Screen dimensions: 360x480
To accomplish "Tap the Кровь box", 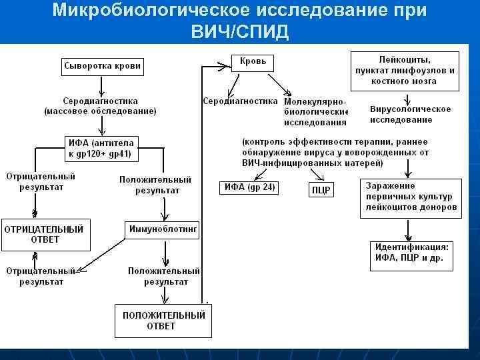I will (253, 62).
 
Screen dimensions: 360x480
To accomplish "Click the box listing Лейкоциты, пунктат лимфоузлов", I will (405, 70).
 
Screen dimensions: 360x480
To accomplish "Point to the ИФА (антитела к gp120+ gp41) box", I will (100, 147).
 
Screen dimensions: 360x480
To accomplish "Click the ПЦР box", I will (321, 190).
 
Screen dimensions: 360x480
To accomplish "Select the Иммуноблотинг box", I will (163, 229).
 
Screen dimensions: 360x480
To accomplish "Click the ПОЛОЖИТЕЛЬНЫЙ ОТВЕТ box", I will (163, 321).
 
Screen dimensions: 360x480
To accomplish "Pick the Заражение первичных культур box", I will (411, 197).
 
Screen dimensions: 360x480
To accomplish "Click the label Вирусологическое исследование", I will (410, 114).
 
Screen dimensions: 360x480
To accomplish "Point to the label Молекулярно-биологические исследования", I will (316, 111).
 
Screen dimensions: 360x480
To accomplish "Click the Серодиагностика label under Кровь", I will (239, 101).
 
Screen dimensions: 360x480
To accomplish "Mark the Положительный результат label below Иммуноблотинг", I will (164, 276).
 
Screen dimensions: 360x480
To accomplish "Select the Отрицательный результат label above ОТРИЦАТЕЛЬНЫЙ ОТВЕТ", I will (41, 181).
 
